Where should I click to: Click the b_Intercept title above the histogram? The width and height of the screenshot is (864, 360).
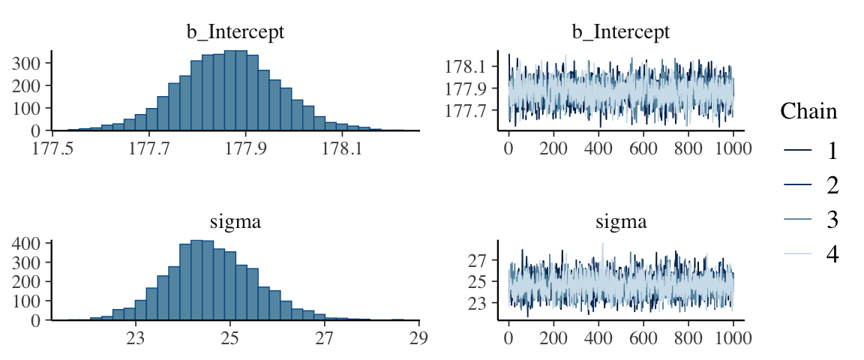235,32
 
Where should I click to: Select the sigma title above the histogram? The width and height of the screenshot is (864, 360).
235,222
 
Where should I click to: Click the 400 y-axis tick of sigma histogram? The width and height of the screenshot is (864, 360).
28,244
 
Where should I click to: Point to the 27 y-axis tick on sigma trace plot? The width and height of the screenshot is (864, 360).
478,260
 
